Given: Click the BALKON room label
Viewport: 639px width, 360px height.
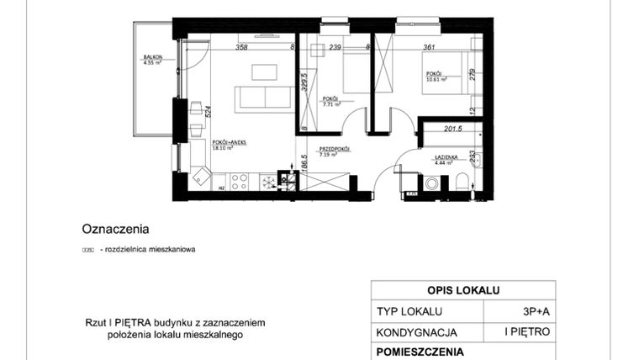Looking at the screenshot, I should coord(152,57).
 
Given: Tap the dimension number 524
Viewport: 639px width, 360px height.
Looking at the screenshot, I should coord(207,109).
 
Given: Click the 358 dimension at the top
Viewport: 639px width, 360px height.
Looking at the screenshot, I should coord(241,48).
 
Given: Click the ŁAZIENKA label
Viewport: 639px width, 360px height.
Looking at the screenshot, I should coord(445,157).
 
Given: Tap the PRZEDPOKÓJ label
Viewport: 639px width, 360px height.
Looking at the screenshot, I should coord(333,149).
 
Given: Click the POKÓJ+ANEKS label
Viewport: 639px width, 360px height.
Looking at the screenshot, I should coord(228,143).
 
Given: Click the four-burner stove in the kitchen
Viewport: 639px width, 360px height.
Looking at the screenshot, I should coord(239,179).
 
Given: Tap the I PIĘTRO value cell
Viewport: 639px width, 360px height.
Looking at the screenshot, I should coord(527,332).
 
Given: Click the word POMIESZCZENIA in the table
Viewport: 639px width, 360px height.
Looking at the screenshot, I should coord(420,352).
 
